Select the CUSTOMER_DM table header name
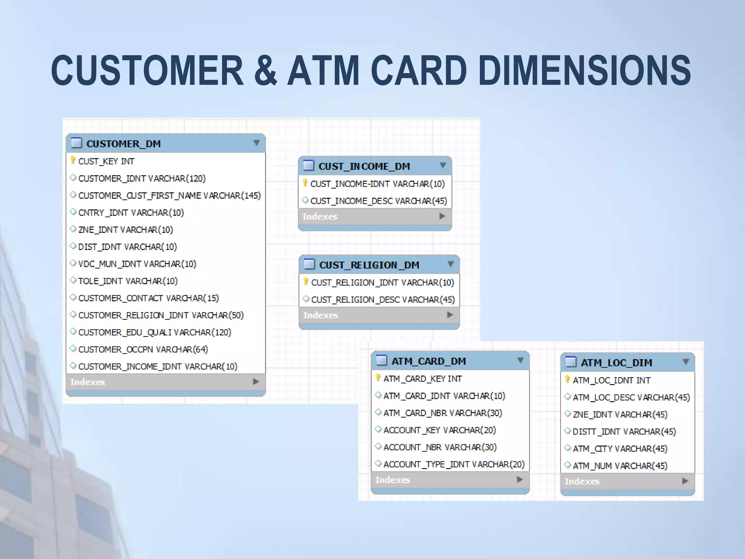123,144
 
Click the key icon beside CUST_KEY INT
73,160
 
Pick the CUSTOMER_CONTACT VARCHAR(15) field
148,298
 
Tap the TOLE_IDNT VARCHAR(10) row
128,281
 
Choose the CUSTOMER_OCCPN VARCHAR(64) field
143,349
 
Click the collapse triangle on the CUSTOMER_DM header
256,143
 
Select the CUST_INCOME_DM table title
364,166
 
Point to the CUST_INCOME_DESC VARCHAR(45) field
378,201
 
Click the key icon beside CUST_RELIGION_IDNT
306,282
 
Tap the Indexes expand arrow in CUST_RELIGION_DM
450,315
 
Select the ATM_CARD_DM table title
429,361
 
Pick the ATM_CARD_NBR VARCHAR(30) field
442,413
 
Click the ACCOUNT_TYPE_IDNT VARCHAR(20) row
454,464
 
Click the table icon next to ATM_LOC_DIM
571,362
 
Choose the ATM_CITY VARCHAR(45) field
619,449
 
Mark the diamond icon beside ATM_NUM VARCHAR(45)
567,465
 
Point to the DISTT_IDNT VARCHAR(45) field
624,432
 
